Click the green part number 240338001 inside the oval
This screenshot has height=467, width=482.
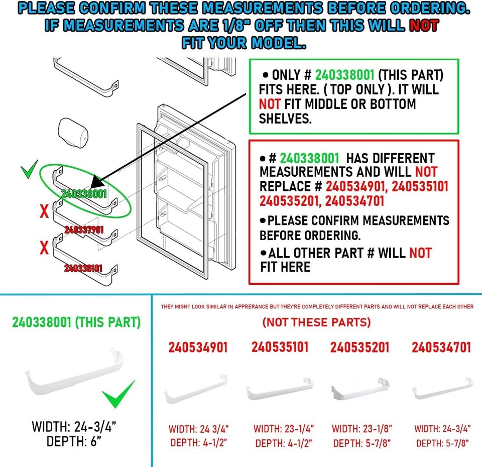(83, 194)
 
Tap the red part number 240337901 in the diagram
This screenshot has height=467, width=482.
(84, 230)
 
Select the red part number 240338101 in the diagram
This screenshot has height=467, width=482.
(84, 269)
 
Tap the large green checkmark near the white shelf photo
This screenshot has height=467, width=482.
(118, 394)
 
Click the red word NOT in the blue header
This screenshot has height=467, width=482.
(424, 26)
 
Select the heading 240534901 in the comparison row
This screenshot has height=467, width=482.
(198, 347)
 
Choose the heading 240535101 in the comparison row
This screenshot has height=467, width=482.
(280, 347)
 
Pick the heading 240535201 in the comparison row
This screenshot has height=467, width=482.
(359, 347)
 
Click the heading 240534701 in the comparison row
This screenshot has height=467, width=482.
(441, 347)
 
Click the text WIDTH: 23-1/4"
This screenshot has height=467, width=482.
(284, 429)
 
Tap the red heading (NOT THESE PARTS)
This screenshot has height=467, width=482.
(316, 322)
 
